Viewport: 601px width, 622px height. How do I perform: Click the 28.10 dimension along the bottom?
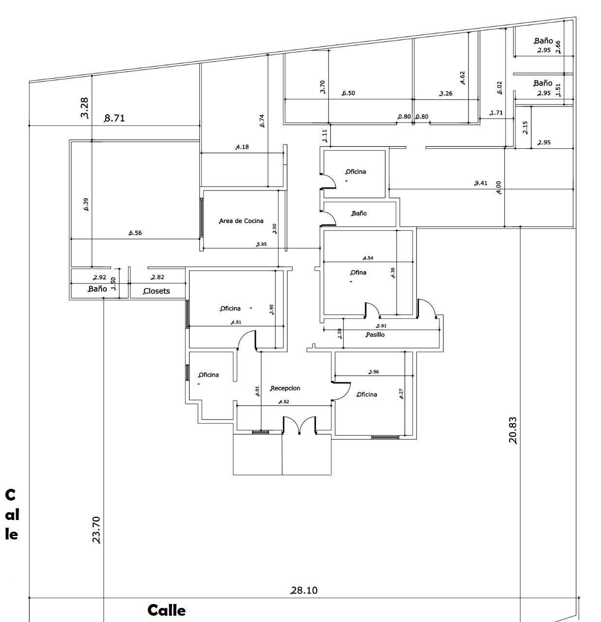(x=304, y=590)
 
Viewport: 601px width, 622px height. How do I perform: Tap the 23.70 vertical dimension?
(x=96, y=529)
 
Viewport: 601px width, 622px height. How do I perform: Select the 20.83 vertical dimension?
(x=513, y=430)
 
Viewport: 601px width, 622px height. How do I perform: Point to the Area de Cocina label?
(x=241, y=221)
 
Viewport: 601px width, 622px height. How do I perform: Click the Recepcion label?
(x=285, y=388)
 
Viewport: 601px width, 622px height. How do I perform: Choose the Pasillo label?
(x=375, y=334)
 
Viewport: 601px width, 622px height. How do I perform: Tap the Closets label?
(x=157, y=291)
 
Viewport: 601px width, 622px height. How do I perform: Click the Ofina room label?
(x=358, y=273)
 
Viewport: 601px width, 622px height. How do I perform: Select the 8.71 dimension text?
(x=115, y=118)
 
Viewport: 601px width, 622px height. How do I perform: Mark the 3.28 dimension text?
(x=84, y=108)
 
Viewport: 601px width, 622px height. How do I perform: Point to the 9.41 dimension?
(x=481, y=183)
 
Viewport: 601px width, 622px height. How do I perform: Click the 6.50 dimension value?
(x=349, y=93)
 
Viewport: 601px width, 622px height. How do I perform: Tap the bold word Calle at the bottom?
(x=166, y=610)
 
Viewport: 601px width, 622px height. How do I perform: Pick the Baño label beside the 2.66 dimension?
(x=543, y=41)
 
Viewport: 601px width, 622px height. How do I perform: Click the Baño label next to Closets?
(x=98, y=289)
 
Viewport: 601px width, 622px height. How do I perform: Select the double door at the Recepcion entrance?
(x=300, y=425)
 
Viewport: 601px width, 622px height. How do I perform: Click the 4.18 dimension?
(x=242, y=147)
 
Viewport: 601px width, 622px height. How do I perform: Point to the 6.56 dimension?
(x=135, y=233)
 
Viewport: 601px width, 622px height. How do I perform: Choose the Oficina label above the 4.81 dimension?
(x=230, y=309)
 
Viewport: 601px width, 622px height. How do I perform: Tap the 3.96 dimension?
(x=374, y=372)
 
